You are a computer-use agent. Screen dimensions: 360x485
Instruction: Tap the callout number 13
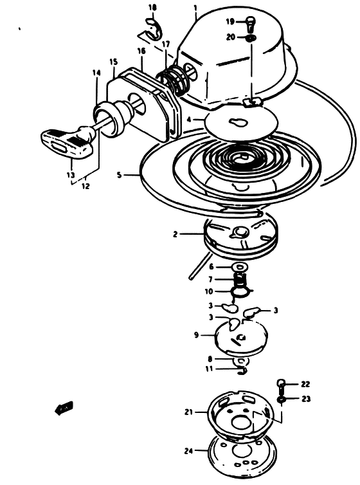pyautogui.click(x=71, y=175)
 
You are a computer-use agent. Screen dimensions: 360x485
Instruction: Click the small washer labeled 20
pyautogui.click(x=251, y=39)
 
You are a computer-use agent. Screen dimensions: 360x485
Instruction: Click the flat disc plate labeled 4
pyautogui.click(x=240, y=123)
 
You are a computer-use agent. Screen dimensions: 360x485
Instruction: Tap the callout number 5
pyautogui.click(x=119, y=175)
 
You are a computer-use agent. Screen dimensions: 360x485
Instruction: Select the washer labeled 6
pyautogui.click(x=239, y=267)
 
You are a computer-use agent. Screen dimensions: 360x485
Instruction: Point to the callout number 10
pyautogui.click(x=208, y=291)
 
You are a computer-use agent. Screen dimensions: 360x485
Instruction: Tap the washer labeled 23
pyautogui.click(x=281, y=399)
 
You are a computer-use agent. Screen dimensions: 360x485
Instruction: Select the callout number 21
pyautogui.click(x=189, y=412)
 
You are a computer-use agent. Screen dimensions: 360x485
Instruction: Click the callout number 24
pyautogui.click(x=188, y=452)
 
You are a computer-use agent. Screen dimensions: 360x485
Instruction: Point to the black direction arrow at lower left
pyautogui.click(x=64, y=408)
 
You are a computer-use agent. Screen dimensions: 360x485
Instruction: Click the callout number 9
pyautogui.click(x=196, y=335)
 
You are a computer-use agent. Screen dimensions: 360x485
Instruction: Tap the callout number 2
pyautogui.click(x=175, y=234)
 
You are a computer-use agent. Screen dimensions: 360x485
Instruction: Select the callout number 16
pyautogui.click(x=141, y=51)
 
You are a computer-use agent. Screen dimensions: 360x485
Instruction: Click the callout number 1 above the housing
pyautogui.click(x=195, y=7)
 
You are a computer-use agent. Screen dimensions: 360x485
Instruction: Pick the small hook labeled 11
pyautogui.click(x=242, y=371)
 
